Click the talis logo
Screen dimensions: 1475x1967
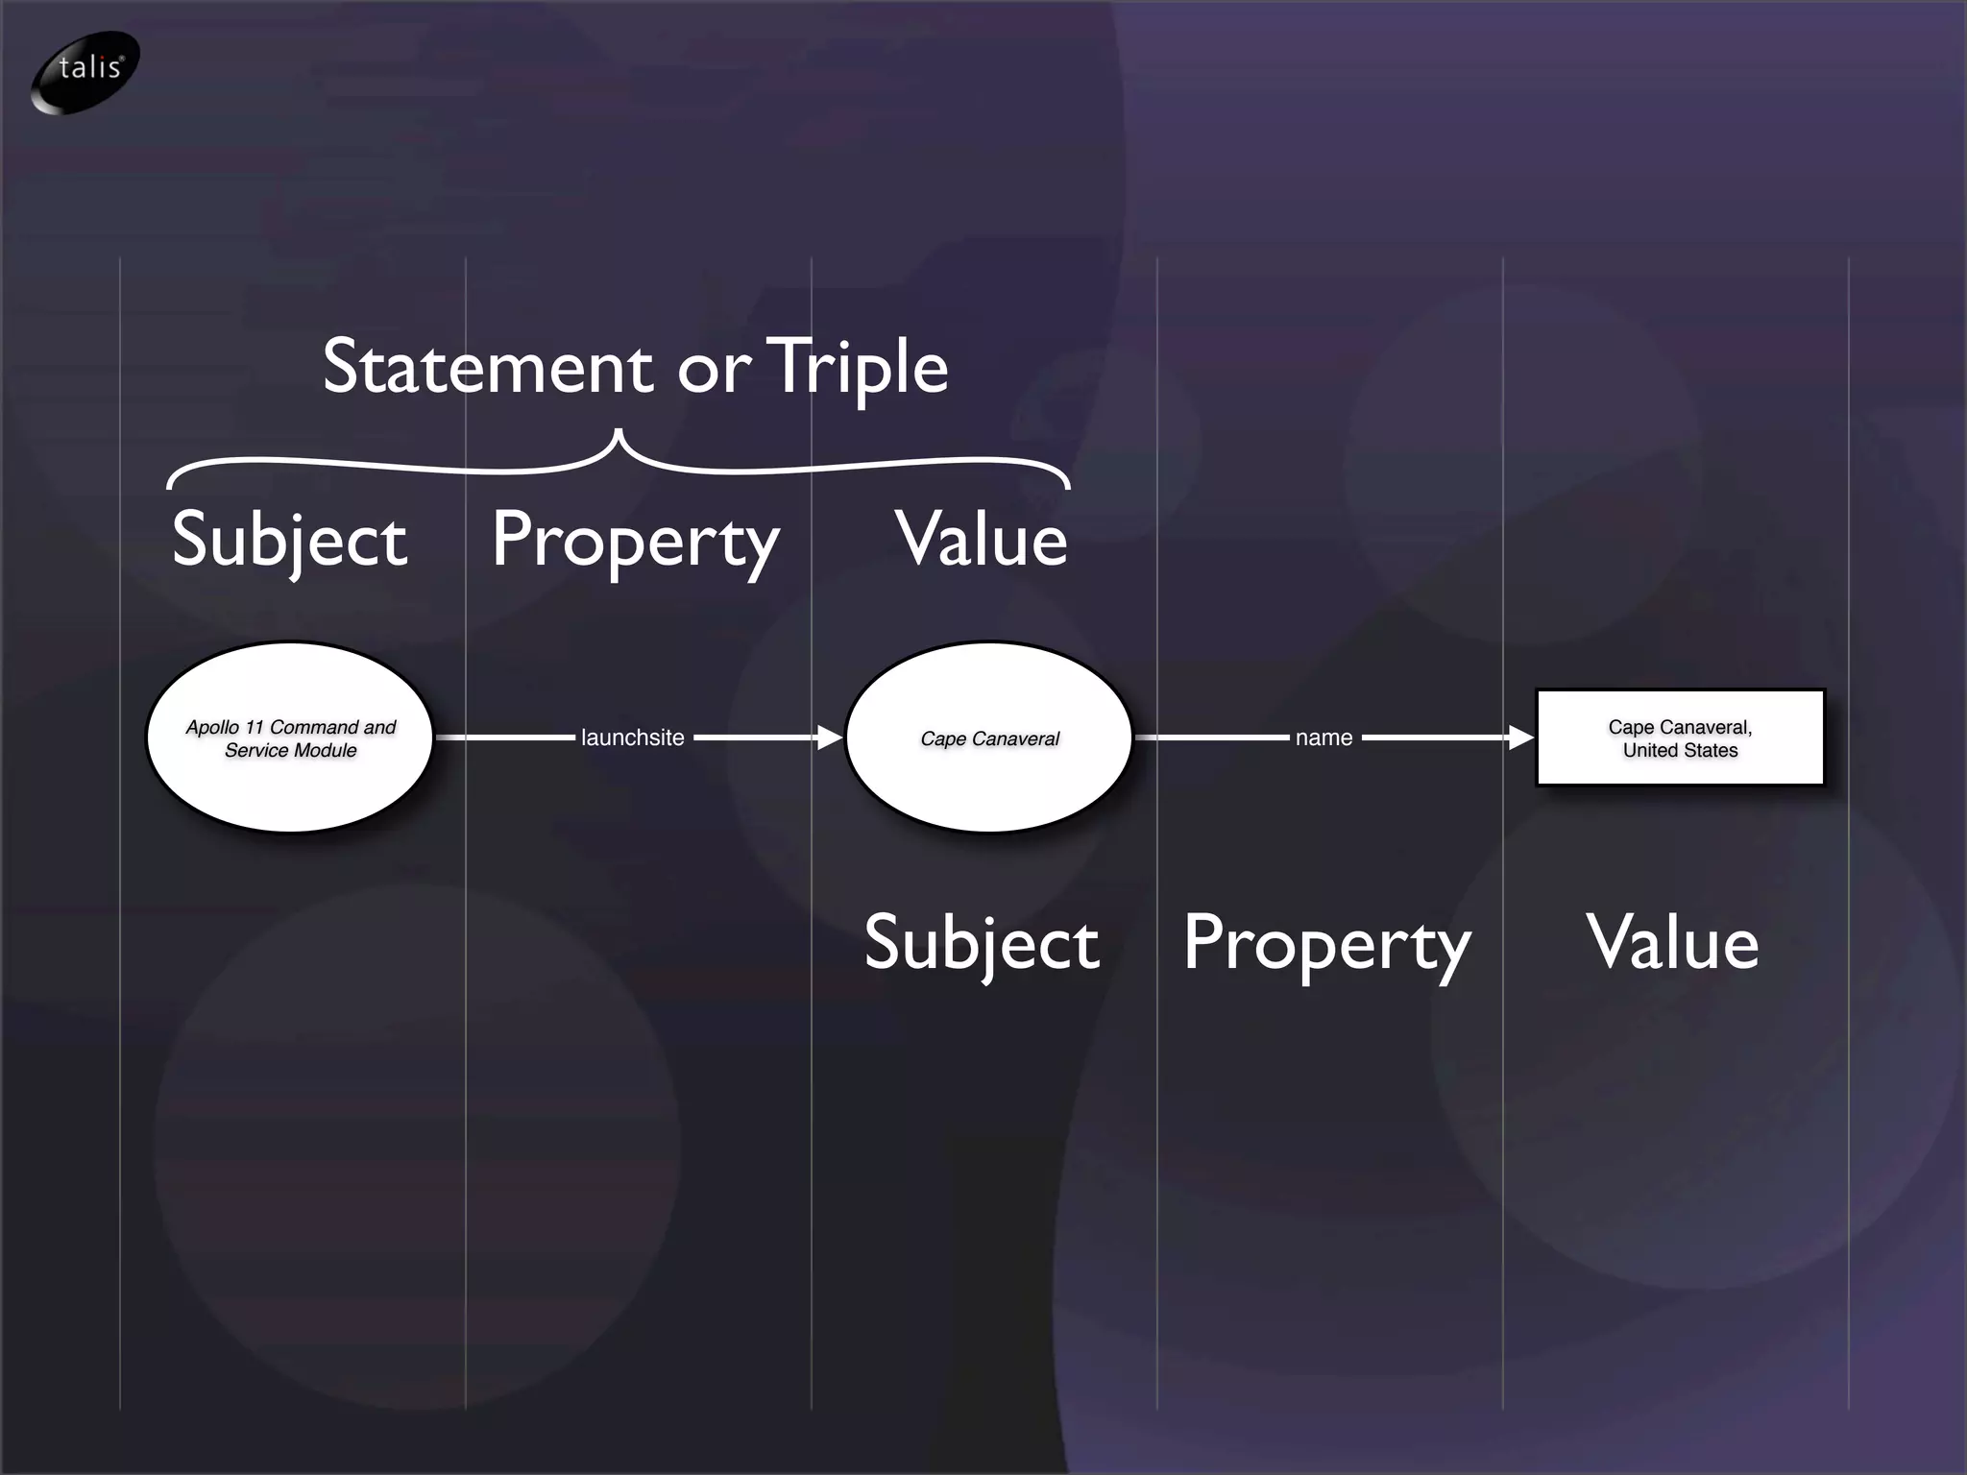tap(85, 72)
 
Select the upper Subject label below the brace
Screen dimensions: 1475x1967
tap(289, 541)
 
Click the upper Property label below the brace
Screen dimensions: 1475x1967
tap(635, 543)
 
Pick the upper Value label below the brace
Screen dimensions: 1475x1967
tap(981, 541)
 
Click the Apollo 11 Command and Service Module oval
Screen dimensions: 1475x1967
tap(290, 737)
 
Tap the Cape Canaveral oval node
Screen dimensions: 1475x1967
tap(989, 737)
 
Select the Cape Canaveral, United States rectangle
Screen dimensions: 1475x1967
tap(1680, 737)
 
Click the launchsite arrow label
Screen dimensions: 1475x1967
tap(633, 737)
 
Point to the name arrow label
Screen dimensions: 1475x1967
tap(1323, 737)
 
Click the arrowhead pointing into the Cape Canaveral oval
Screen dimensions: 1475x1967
tap(830, 737)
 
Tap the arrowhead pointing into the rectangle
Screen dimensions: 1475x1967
tap(1521, 737)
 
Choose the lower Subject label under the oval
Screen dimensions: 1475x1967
tap(981, 944)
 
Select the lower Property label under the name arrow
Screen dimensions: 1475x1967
tap(1326, 946)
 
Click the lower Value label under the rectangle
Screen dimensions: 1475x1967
tap(1672, 944)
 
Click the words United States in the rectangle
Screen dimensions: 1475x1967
tap(1680, 751)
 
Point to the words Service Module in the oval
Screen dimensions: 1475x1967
tap(290, 751)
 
